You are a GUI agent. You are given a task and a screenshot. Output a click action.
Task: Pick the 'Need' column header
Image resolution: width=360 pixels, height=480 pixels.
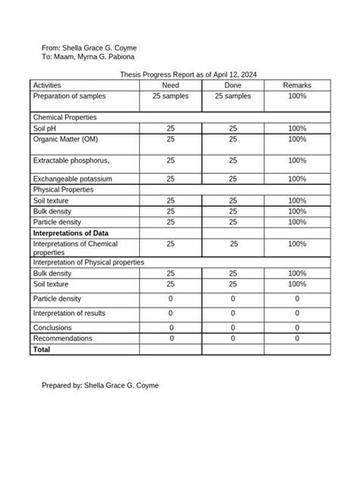170,86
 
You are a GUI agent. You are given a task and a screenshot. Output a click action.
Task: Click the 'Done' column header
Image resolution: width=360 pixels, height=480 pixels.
232,86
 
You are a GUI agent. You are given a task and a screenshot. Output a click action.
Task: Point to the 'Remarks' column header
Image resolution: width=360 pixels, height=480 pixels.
297,86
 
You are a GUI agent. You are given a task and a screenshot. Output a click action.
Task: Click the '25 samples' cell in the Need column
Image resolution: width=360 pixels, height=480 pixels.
170,96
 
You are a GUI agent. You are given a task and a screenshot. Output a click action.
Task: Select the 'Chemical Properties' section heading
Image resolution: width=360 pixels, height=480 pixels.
65,118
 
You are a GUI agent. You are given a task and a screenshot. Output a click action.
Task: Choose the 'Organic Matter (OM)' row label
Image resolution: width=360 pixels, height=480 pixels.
65,140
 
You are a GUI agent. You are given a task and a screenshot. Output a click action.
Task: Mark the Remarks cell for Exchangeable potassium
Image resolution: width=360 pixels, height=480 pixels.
297,178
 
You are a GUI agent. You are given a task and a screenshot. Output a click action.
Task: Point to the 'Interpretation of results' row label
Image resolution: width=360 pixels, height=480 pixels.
69,313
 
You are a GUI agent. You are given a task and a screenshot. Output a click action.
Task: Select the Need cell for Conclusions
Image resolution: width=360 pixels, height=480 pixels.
170,328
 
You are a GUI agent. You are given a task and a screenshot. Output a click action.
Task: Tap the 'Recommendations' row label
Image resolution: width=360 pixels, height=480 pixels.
62,338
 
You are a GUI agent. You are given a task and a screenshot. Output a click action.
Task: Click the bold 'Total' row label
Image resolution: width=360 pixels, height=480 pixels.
42,349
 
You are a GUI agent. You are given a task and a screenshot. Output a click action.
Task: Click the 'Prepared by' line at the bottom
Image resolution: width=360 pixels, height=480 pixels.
99,386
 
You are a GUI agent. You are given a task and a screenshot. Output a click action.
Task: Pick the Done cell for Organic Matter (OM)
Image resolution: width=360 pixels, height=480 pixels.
232,140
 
